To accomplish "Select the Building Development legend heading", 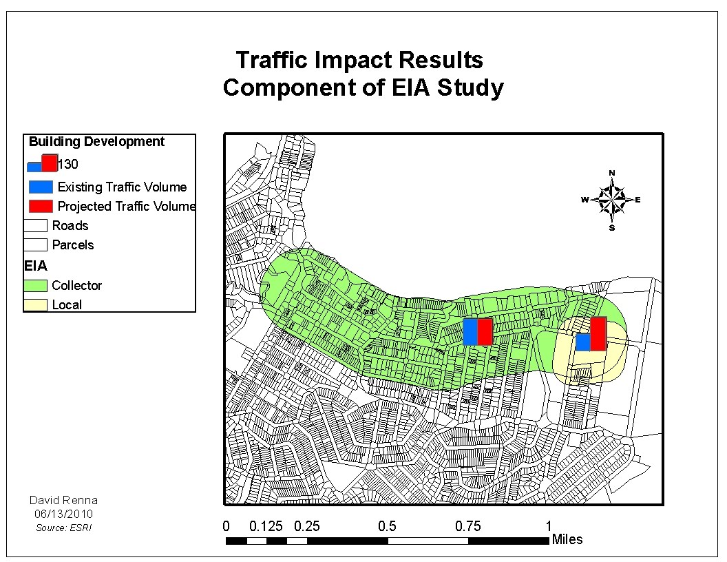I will coord(96,142).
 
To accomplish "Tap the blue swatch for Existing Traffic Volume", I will coord(41,187).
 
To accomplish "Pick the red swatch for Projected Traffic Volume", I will coord(41,206).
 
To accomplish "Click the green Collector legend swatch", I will coord(36,285).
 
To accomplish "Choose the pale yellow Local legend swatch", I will coord(36,304).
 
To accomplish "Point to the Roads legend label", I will coord(70,226).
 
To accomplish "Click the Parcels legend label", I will coord(73,245).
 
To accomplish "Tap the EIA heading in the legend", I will coord(35,265).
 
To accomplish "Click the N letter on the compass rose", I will coord(612,172).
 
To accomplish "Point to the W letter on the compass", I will coord(584,200).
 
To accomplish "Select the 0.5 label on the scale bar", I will coord(387,526).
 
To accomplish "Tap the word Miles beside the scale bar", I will coord(567,539).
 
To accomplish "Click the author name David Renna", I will coord(63,500).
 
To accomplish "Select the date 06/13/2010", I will coord(63,514).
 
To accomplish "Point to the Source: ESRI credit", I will coord(63,528).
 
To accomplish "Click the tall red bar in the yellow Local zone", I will coord(598,333).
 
